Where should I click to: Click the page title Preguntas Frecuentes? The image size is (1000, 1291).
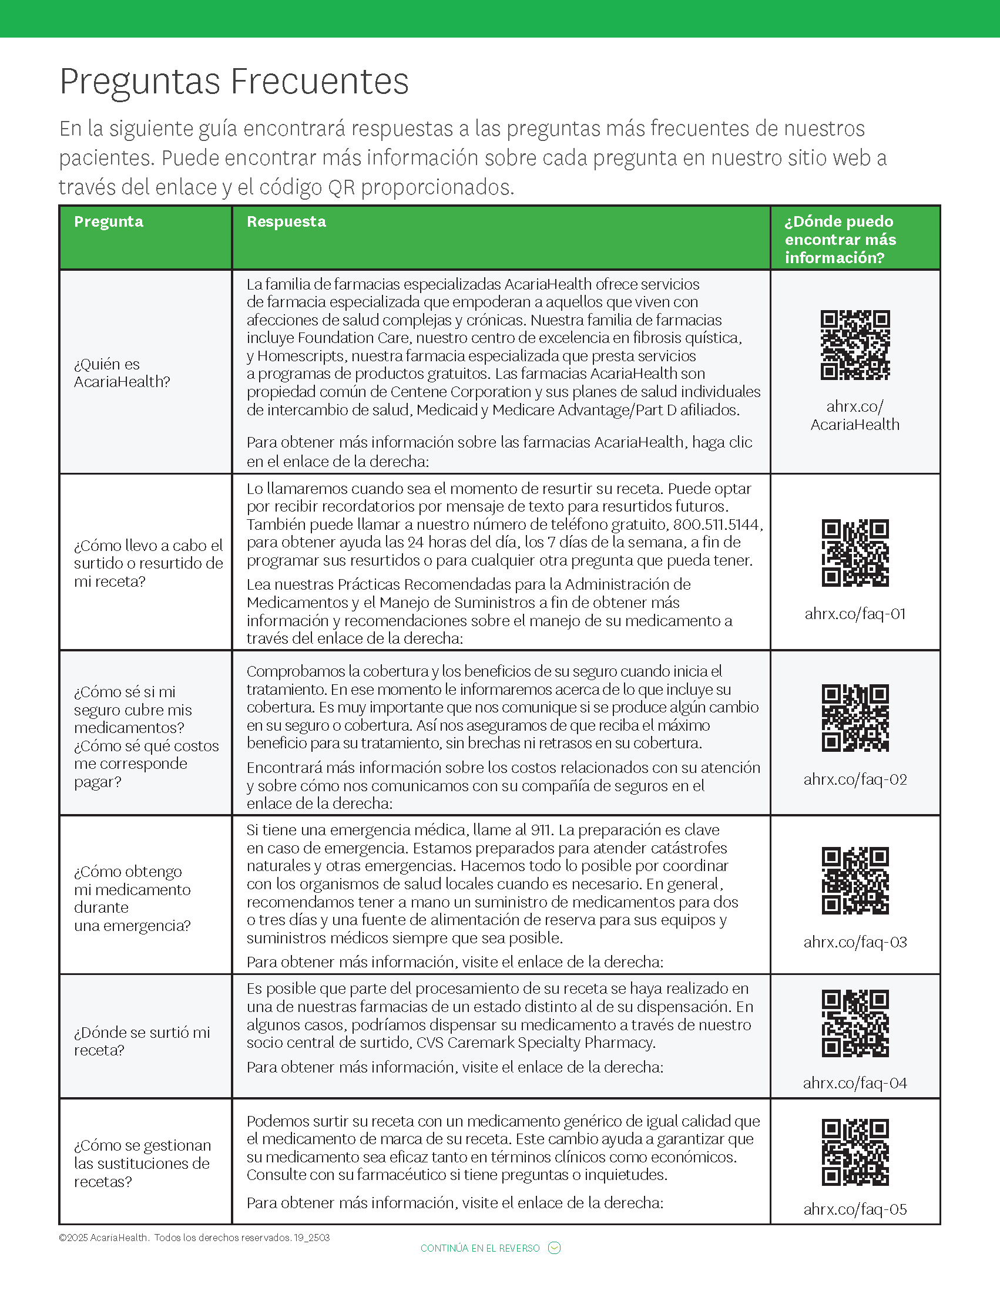coord(234,82)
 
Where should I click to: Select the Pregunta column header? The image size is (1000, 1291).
coord(108,221)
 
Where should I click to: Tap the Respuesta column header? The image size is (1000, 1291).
coord(286,221)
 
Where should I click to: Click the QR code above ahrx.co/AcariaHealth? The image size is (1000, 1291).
coord(855,345)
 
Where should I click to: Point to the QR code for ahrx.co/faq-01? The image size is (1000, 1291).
coord(855,553)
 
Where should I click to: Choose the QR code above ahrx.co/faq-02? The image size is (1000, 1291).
coord(855,718)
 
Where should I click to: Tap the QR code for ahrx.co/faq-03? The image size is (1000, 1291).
coord(855,881)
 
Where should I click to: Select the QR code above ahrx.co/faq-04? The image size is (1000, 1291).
coord(855,1023)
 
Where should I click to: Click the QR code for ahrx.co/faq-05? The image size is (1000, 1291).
coord(855,1152)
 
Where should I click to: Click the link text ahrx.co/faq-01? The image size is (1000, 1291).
coord(855,614)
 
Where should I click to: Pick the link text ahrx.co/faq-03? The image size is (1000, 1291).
coord(855,942)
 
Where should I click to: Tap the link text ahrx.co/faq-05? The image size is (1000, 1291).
coord(855,1209)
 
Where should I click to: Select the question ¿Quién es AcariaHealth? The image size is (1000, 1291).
coord(122,373)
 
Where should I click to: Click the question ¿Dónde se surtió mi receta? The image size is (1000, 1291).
coord(142,1041)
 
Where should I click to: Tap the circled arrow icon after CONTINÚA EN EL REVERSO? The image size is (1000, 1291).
coord(554,1248)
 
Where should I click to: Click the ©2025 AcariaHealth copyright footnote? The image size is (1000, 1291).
coord(194,1237)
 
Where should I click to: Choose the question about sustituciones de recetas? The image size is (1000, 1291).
coord(142,1163)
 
